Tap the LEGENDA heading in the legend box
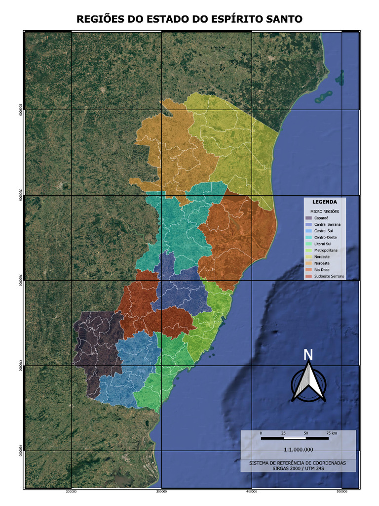pyautogui.click(x=324, y=202)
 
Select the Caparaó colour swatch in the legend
pyautogui.click(x=308, y=218)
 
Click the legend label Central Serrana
pyautogui.click(x=328, y=224)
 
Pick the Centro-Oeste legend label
pyautogui.click(x=325, y=237)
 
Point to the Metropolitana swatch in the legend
pyautogui.click(x=308, y=250)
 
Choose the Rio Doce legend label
pyautogui.click(x=322, y=270)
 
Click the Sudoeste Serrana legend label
pyautogui.click(x=329, y=276)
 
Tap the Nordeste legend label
pyautogui.click(x=322, y=257)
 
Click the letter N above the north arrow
pyautogui.click(x=308, y=354)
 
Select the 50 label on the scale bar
pyautogui.click(x=306, y=433)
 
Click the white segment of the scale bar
pyautogui.click(x=295, y=438)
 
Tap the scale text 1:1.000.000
pyautogui.click(x=299, y=449)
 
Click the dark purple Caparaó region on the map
pyautogui.click(x=96, y=346)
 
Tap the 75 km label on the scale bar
pyautogui.click(x=331, y=433)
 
